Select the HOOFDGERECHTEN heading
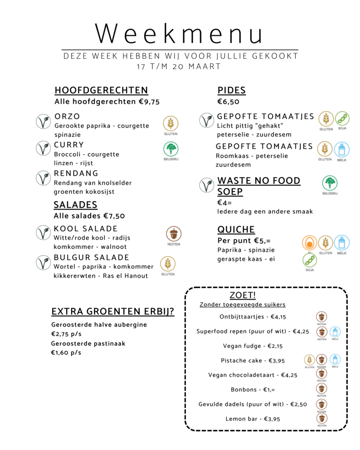(101, 91)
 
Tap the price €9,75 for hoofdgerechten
(149, 102)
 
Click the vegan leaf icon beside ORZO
(43, 121)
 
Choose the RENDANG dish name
(76, 173)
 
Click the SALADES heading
(76, 205)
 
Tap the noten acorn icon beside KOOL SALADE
(174, 233)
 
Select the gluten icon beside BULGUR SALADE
(167, 263)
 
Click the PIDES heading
(231, 91)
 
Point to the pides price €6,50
(228, 102)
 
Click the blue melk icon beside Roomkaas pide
(342, 149)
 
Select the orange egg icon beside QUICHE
(309, 243)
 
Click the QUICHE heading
(236, 230)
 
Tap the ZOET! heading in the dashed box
(243, 295)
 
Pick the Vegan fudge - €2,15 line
(253, 346)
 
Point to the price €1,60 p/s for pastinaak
(66, 352)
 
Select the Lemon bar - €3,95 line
(253, 419)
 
